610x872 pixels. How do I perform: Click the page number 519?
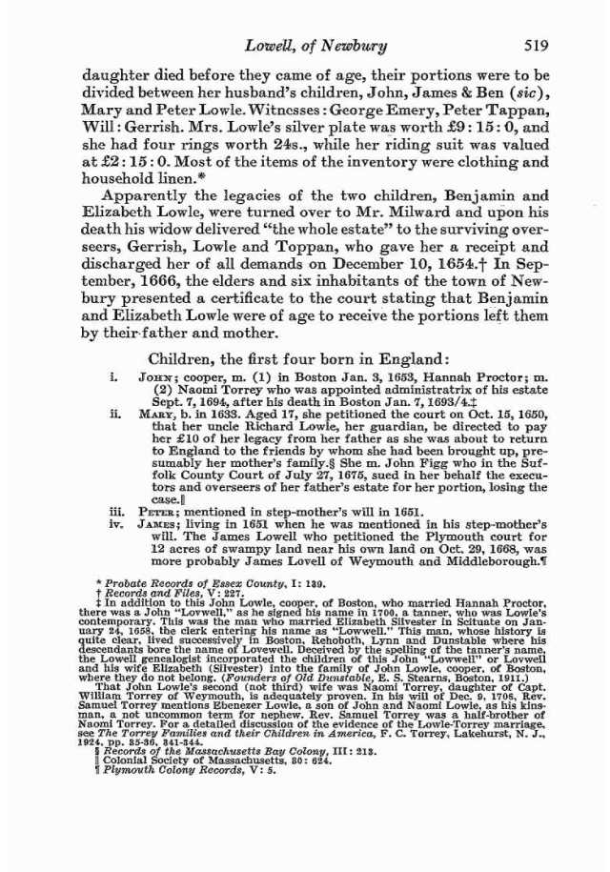click(x=535, y=47)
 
